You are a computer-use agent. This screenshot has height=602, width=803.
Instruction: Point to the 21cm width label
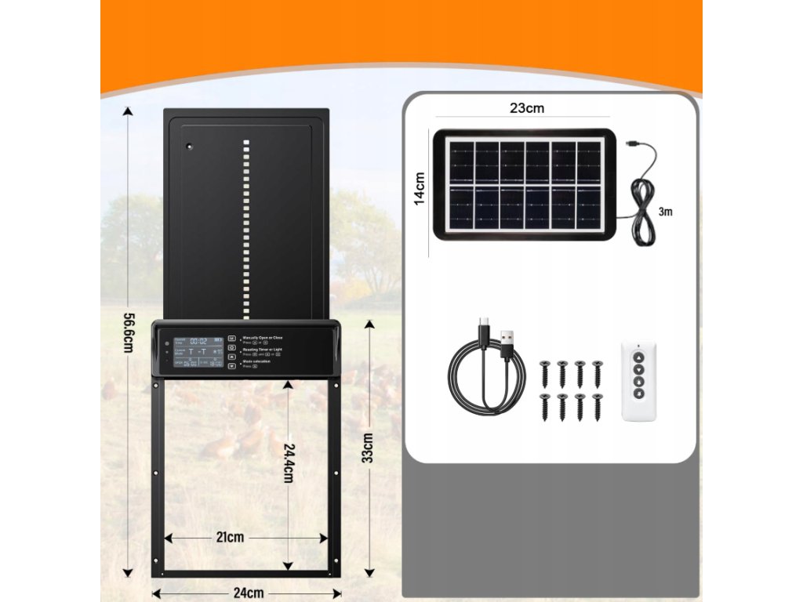(230, 538)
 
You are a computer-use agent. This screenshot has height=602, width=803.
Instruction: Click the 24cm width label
(249, 593)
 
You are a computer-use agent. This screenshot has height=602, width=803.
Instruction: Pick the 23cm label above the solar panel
(527, 109)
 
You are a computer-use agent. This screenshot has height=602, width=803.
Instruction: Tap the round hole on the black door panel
(188, 146)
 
